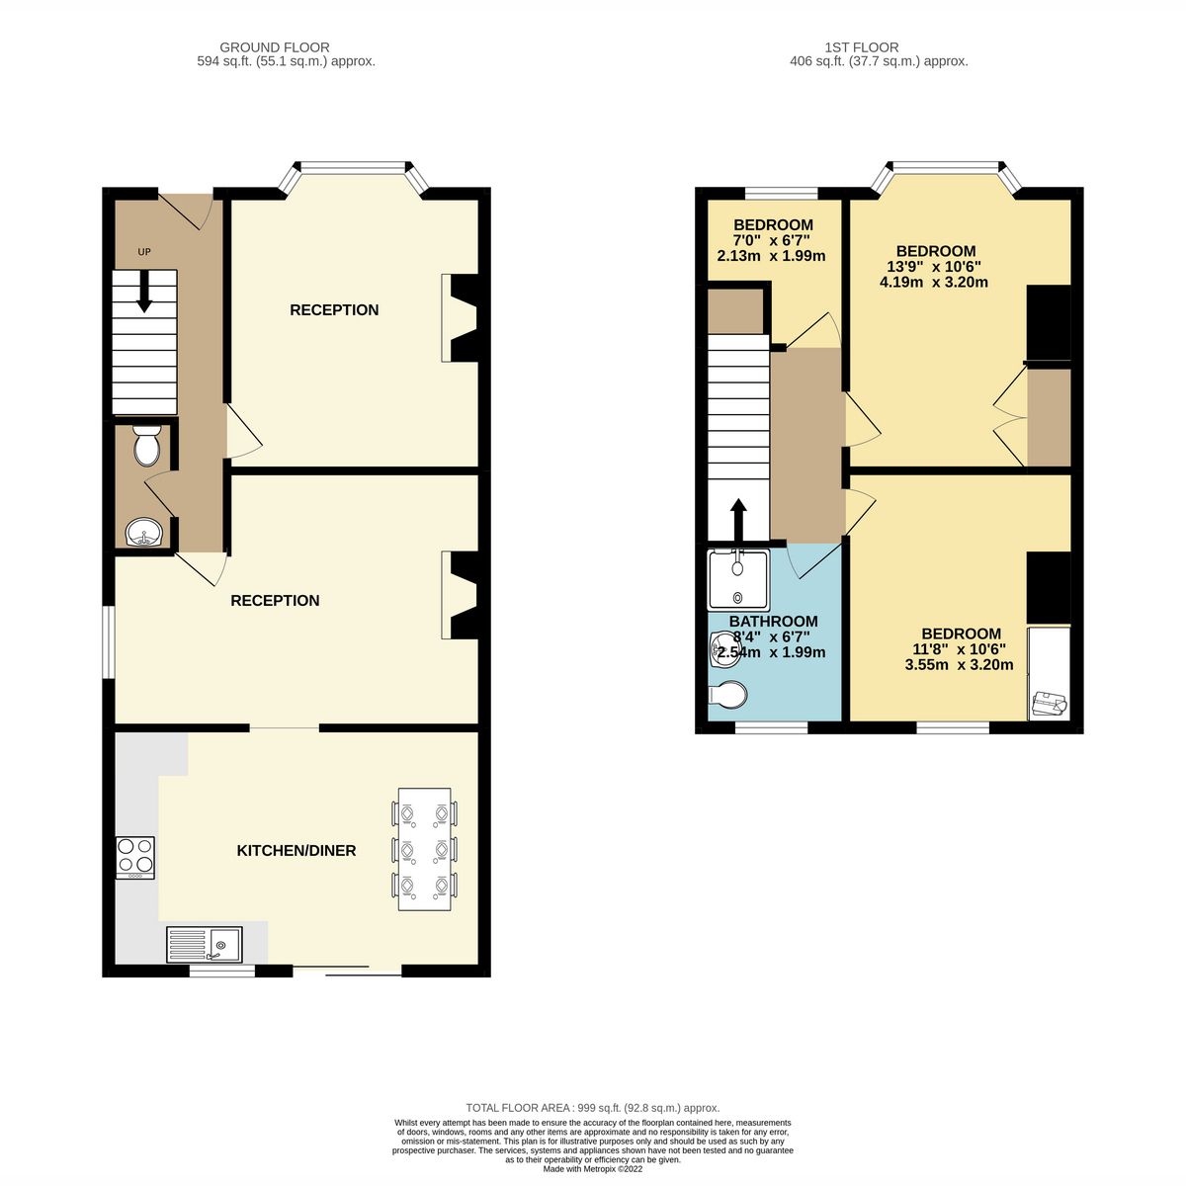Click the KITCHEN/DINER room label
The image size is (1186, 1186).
tap(296, 850)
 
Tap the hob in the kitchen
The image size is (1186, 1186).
tap(135, 858)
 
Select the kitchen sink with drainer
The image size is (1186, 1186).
tap(204, 944)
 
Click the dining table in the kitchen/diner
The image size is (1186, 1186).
tap(425, 849)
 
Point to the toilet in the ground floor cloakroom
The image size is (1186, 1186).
tap(146, 448)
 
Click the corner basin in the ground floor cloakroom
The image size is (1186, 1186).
tap(143, 535)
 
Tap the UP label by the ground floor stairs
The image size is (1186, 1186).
tap(144, 252)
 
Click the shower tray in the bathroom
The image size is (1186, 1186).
tap(737, 579)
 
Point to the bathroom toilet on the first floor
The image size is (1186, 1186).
tap(727, 696)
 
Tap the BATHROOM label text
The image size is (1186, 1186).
tap(773, 622)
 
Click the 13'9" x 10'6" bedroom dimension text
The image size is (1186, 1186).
tap(933, 267)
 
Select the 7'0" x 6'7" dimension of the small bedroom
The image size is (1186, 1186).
tap(771, 240)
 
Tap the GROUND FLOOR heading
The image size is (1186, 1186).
tap(275, 47)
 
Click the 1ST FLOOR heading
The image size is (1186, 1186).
tap(862, 47)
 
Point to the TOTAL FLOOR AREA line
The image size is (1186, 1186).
tap(593, 1108)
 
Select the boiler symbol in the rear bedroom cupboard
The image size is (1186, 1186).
tap(1048, 704)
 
